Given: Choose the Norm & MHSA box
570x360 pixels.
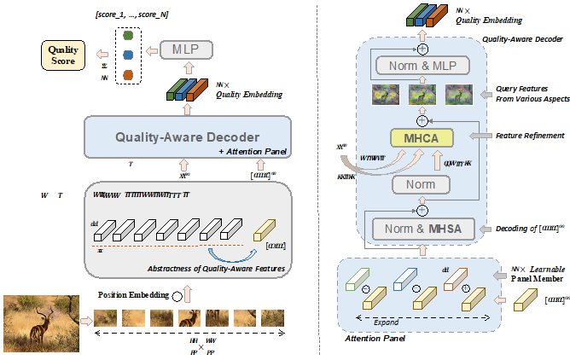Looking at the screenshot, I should pyautogui.click(x=421, y=229).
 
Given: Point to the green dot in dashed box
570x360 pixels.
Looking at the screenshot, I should pyautogui.click(x=128, y=36).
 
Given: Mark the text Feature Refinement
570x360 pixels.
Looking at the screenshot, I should pyautogui.click(x=530, y=136).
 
